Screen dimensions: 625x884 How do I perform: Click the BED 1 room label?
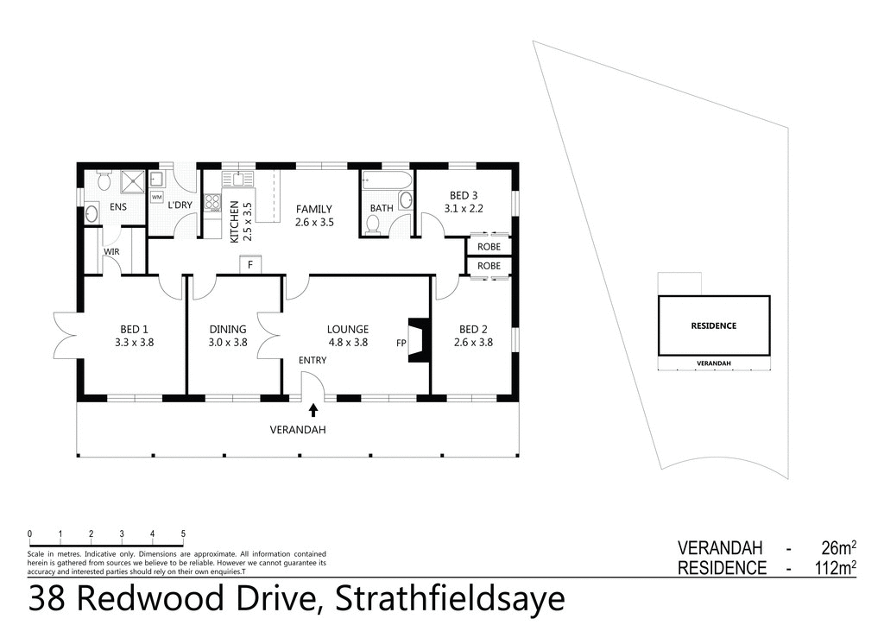(x=134, y=329)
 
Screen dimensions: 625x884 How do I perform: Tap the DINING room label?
(x=228, y=329)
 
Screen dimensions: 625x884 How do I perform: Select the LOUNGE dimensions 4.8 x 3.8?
(x=347, y=342)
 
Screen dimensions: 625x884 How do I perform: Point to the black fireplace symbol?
(x=419, y=341)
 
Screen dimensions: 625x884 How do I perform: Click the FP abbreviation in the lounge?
(x=401, y=343)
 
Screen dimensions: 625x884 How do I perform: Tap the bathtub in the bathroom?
(x=386, y=181)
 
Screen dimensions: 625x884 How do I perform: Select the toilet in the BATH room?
(x=373, y=224)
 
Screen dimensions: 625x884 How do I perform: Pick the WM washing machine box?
(x=157, y=198)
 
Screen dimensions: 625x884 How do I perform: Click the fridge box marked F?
(x=250, y=264)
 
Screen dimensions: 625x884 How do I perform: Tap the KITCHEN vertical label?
(x=234, y=221)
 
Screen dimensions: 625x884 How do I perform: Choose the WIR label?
(x=111, y=252)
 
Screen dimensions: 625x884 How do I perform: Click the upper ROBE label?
(x=489, y=247)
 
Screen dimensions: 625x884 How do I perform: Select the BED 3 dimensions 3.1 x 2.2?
(x=463, y=208)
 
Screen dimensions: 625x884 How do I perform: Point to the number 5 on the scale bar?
(x=183, y=533)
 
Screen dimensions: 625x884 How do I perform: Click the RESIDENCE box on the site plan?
(x=713, y=325)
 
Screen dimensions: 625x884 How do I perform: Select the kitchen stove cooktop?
(x=212, y=203)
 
